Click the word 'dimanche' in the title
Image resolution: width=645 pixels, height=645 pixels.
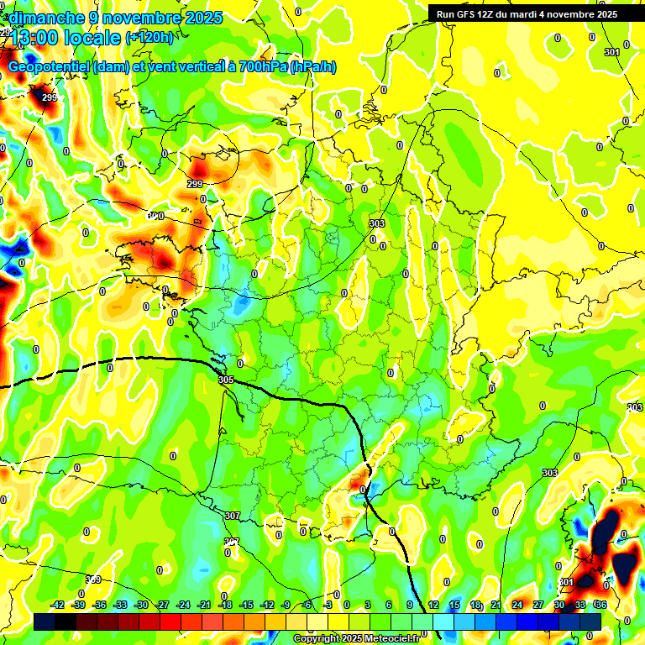pos(42,17)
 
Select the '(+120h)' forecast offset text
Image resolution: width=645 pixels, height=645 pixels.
pos(149,37)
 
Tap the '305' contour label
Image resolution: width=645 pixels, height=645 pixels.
pos(225,380)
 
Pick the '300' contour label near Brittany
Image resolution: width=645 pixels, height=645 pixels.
pos(156,216)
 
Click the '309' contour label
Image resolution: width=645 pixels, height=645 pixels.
pos(94,579)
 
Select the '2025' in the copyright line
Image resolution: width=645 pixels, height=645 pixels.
pos(351,639)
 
